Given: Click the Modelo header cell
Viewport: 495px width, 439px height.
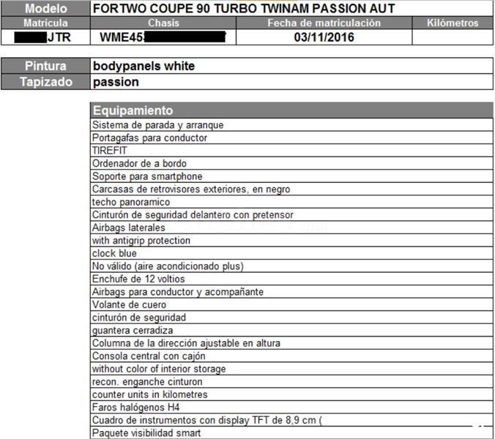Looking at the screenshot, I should pos(45,9).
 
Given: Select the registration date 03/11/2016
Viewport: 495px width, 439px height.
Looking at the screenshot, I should pos(324,37).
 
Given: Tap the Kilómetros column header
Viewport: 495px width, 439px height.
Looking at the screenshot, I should pos(452,23).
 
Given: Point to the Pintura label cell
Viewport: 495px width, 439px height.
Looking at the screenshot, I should pos(45,66).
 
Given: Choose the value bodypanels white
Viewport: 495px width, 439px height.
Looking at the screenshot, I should pos(144,66).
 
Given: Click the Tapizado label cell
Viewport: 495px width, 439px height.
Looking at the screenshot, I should pos(45,82).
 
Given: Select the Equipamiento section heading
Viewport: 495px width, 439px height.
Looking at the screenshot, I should pos(133,110).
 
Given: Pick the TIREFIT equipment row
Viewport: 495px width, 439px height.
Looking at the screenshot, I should pos(110,151).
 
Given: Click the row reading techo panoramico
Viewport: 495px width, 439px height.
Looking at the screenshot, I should pos(131,202).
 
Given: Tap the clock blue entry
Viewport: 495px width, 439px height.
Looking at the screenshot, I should pos(114,253).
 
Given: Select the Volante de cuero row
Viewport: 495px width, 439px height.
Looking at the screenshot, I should pos(129,304).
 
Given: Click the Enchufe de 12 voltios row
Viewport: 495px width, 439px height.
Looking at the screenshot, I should pos(138,279).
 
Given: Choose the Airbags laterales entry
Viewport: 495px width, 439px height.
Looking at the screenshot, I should pos(129,228).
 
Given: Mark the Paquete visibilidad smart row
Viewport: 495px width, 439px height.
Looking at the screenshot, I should pos(146,432).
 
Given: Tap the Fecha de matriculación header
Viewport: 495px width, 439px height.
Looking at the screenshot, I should pos(324,23).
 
